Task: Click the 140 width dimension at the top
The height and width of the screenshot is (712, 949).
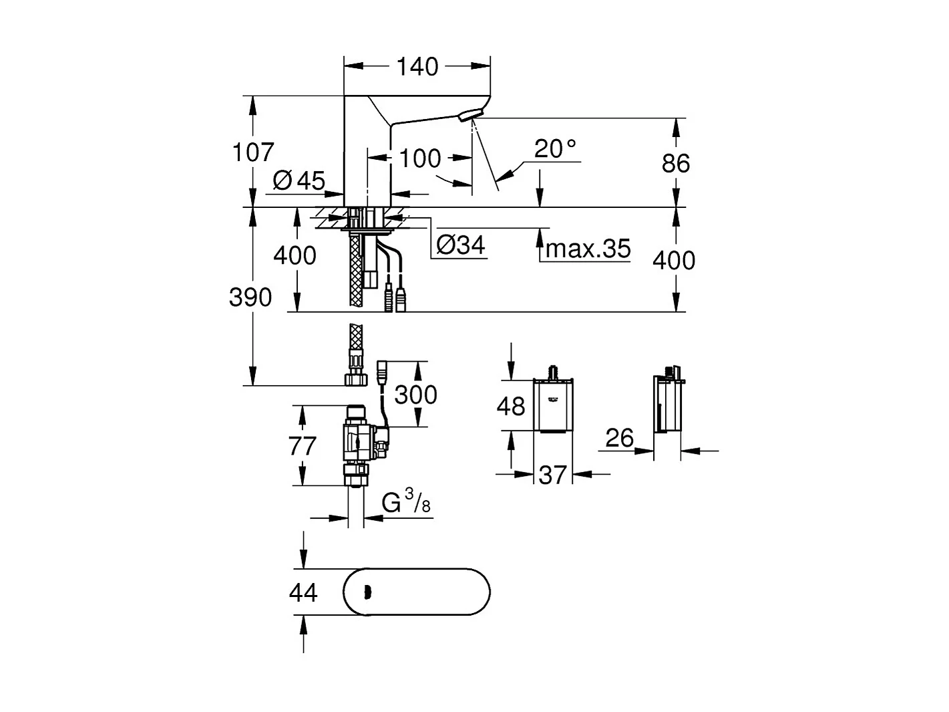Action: pyautogui.click(x=417, y=67)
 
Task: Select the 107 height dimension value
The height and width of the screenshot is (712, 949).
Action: pyautogui.click(x=253, y=152)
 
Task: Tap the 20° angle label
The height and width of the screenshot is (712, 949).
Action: pyautogui.click(x=555, y=148)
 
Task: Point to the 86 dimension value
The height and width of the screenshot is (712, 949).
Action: pyautogui.click(x=675, y=163)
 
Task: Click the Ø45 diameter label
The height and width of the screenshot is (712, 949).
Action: pyautogui.click(x=299, y=180)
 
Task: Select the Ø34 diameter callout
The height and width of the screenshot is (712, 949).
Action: pyautogui.click(x=460, y=245)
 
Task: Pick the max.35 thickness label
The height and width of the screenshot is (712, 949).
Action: pyautogui.click(x=588, y=249)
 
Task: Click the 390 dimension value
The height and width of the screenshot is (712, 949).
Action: pyautogui.click(x=250, y=297)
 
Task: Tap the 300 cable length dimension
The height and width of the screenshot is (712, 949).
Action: pyautogui.click(x=415, y=394)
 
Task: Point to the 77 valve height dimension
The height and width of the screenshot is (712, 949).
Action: pyautogui.click(x=302, y=445)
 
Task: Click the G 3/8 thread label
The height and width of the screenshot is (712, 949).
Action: pyautogui.click(x=406, y=503)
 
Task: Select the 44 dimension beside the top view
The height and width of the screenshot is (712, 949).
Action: pyautogui.click(x=303, y=592)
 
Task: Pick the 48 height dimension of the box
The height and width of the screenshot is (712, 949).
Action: pyautogui.click(x=511, y=406)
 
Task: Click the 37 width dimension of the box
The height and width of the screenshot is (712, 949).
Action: pyautogui.click(x=552, y=475)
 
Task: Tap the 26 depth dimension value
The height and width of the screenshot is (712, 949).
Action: pyautogui.click(x=618, y=439)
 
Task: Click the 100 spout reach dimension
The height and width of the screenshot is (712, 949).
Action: pyautogui.click(x=420, y=159)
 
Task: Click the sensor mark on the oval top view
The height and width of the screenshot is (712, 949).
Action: pyautogui.click(x=366, y=592)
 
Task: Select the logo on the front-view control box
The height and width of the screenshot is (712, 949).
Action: pyautogui.click(x=553, y=399)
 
